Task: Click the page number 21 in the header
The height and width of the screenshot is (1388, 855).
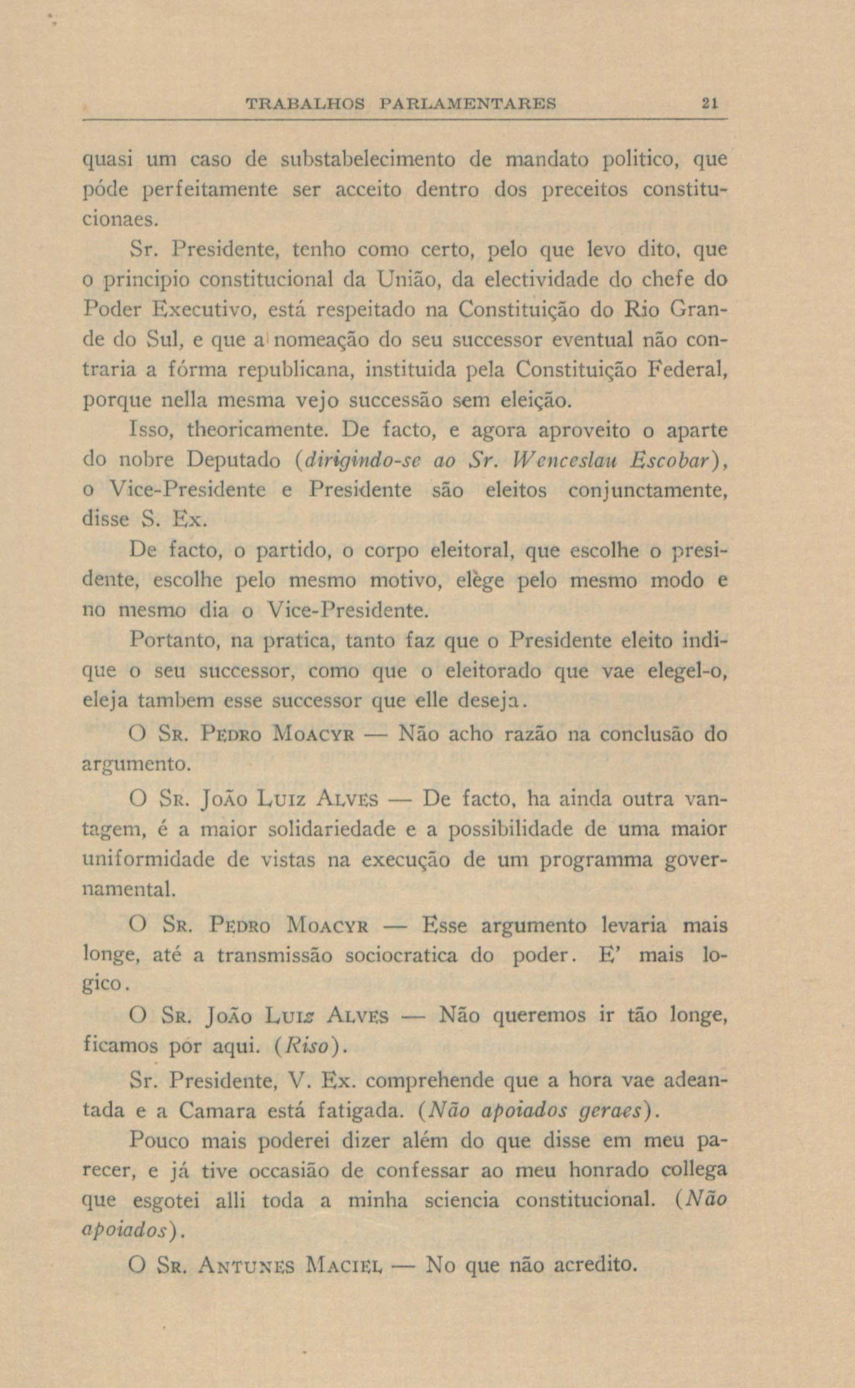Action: click(x=709, y=104)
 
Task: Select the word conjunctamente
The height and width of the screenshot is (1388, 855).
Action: click(x=647, y=490)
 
